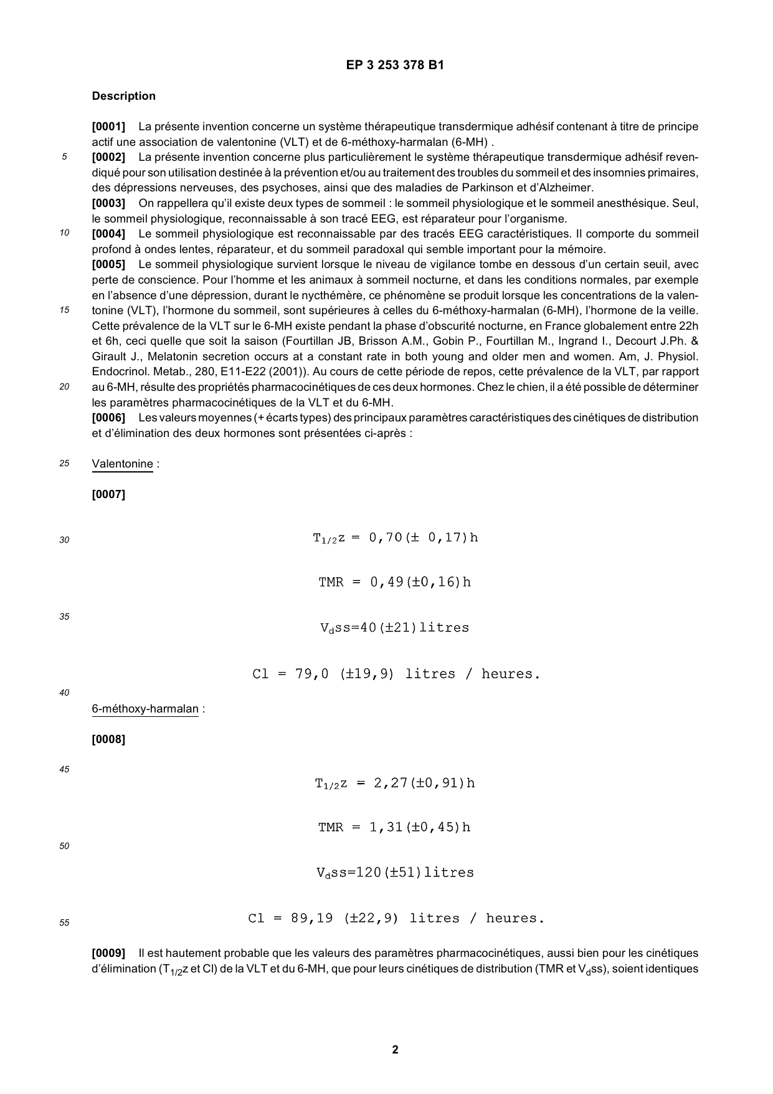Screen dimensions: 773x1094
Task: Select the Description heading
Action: [x=123, y=96]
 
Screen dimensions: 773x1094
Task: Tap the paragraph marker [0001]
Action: [x=108, y=127]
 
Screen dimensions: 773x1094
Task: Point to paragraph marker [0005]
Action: [x=108, y=264]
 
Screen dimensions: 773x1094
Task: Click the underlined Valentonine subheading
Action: [x=122, y=464]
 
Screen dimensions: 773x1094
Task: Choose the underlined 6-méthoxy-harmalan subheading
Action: [x=145, y=709]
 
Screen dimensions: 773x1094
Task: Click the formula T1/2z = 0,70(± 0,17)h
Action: [x=395, y=538]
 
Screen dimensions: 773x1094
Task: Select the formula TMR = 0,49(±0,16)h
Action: [x=394, y=582]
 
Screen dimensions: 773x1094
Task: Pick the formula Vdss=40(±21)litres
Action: [x=394, y=628]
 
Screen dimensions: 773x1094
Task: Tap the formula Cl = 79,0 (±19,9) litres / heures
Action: [x=396, y=674]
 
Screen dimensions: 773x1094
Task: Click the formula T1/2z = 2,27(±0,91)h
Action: [x=395, y=783]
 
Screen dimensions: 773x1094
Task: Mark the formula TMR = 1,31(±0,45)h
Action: [x=394, y=827]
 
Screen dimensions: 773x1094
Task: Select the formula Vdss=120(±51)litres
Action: [x=395, y=873]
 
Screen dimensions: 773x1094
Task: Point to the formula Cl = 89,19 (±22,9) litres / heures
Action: [x=396, y=918]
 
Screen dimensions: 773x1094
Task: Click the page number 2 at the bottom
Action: [x=395, y=1050]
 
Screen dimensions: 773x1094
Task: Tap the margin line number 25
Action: [x=64, y=464]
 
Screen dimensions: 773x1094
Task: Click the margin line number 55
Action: [x=64, y=923]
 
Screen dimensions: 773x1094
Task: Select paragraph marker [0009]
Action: [x=108, y=953]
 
